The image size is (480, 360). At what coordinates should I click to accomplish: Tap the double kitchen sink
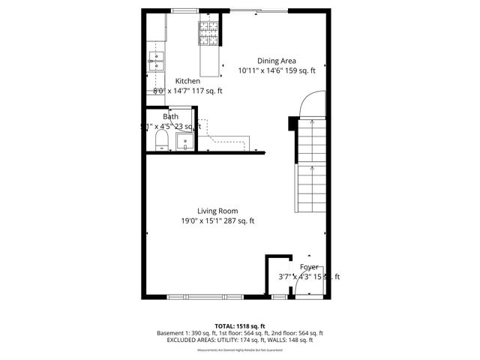(x=157, y=61)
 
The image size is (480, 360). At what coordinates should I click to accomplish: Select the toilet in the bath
(x=160, y=140)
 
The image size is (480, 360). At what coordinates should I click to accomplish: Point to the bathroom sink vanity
(x=184, y=140)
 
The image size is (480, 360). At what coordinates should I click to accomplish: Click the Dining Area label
(x=277, y=61)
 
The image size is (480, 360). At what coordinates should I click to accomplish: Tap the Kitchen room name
(x=187, y=81)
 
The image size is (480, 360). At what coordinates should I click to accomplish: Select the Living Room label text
(x=217, y=211)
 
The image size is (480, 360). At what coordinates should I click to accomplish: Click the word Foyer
(x=309, y=267)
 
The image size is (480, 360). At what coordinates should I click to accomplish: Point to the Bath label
(x=171, y=116)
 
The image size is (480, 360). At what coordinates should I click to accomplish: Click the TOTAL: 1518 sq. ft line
(x=239, y=325)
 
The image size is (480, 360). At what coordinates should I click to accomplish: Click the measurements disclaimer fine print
(x=239, y=349)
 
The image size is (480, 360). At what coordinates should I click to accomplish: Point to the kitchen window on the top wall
(x=183, y=11)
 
